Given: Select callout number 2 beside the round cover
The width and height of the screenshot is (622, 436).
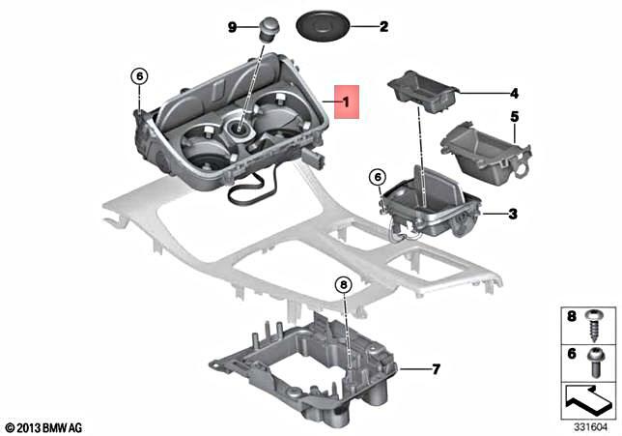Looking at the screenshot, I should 382,27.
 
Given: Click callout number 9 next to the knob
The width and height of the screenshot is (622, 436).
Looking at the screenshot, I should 232,27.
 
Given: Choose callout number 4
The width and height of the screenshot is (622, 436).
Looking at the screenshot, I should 514,94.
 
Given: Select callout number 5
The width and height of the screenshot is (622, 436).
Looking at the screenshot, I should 514,117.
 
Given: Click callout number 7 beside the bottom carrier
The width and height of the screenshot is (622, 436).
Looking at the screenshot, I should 435,368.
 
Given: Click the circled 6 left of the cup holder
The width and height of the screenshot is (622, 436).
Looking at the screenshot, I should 138,75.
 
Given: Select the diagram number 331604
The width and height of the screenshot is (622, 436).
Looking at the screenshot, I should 584,426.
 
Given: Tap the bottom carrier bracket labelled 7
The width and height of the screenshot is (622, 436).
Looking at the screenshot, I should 309,367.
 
